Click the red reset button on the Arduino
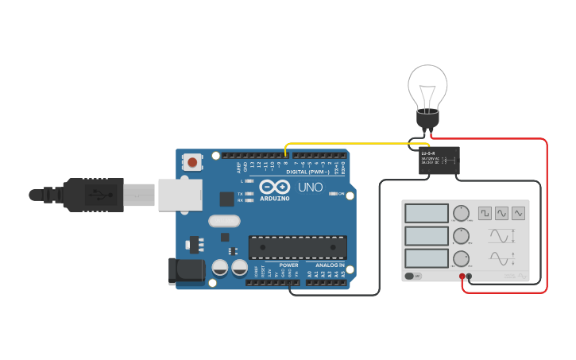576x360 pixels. point(192,162)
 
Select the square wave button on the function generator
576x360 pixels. point(485,213)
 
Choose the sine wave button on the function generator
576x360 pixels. point(501,213)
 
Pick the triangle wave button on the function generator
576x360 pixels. point(518,213)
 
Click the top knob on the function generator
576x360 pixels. point(461,213)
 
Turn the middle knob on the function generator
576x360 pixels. point(461,236)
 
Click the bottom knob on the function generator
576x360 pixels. point(461,258)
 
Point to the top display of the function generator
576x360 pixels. point(427,213)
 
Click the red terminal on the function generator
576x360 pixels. point(462,277)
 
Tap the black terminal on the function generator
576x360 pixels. point(469,277)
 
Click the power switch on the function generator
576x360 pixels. point(412,276)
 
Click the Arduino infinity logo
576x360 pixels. point(271,188)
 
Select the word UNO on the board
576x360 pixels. point(310,188)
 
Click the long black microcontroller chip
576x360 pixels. point(297,247)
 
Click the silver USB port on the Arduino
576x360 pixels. point(177,195)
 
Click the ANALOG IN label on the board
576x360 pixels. point(330,265)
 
